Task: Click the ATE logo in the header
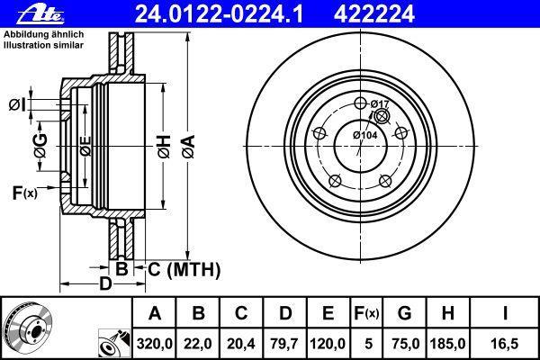(x=40, y=15)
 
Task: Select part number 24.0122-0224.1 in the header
(x=220, y=14)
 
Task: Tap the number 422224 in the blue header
(x=374, y=14)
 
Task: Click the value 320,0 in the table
(x=155, y=344)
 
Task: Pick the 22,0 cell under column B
(x=198, y=344)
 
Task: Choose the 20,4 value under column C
(x=241, y=344)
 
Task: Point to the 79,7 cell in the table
(x=284, y=344)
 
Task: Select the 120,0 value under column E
(x=328, y=344)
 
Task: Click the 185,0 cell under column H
(x=447, y=344)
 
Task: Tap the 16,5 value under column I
(x=504, y=344)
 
